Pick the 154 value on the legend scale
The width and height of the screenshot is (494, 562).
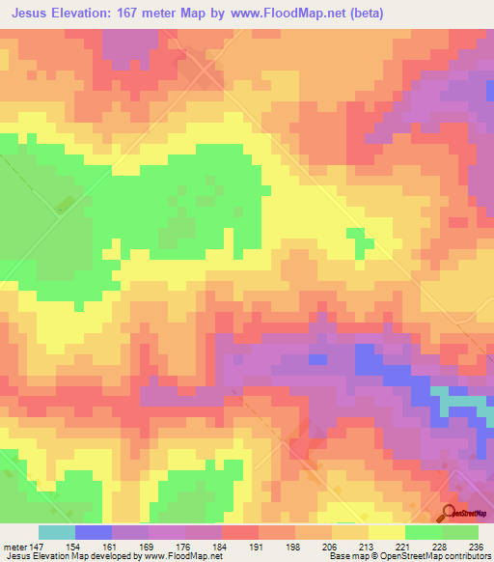pos(76,547)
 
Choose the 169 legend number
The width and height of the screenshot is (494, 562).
pos(150,547)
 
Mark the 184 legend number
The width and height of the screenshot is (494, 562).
pos(223,547)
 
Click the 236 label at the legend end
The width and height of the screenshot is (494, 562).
pos(474,547)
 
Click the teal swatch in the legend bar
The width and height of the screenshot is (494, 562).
pos(56,532)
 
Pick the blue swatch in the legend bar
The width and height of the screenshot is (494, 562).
pos(93,532)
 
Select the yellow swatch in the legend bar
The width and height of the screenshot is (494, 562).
pos(386,532)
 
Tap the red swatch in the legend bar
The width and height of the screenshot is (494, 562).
pos(239,532)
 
